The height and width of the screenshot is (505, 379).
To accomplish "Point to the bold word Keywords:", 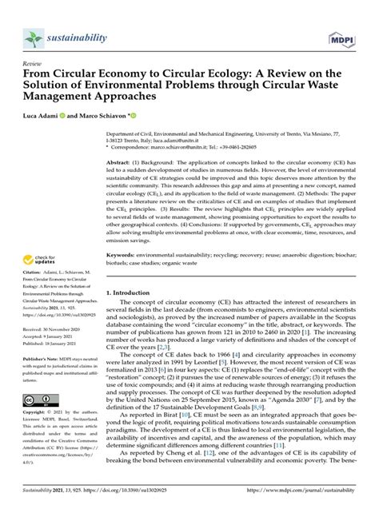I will pyautogui.click(x=126, y=254).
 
